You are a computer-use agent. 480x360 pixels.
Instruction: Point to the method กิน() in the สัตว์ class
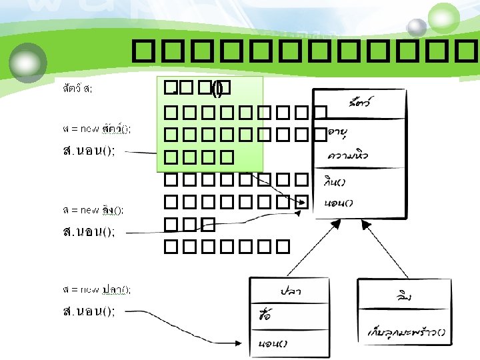pyautogui.click(x=337, y=181)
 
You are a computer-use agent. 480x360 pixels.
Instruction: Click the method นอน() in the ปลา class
pyautogui.click(x=273, y=343)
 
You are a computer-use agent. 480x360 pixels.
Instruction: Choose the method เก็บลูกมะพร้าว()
pyautogui.click(x=406, y=331)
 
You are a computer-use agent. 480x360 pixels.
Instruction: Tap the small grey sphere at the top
pyautogui.click(x=417, y=27)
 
